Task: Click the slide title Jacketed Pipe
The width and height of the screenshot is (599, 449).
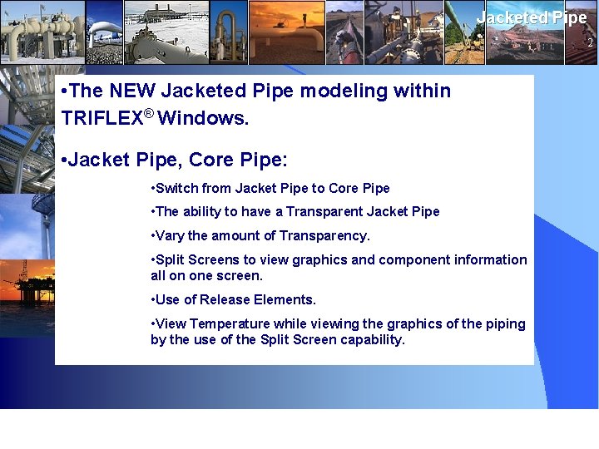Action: (532, 17)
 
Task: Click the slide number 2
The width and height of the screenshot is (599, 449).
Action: (590, 42)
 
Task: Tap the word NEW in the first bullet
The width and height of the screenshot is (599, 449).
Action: (133, 91)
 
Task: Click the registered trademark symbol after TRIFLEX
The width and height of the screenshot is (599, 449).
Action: (148, 113)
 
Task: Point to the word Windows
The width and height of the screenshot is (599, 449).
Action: (202, 118)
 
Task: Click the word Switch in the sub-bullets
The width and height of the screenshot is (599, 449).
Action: (176, 188)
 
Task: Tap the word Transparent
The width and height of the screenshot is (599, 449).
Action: (324, 211)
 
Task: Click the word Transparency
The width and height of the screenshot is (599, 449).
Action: (324, 235)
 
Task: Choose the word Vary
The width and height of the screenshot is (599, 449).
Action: (170, 235)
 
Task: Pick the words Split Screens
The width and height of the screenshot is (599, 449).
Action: (199, 259)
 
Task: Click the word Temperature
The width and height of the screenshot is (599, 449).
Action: (230, 323)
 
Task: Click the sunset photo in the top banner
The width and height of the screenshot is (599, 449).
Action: (286, 32)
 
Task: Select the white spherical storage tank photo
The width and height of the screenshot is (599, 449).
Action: (104, 32)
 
